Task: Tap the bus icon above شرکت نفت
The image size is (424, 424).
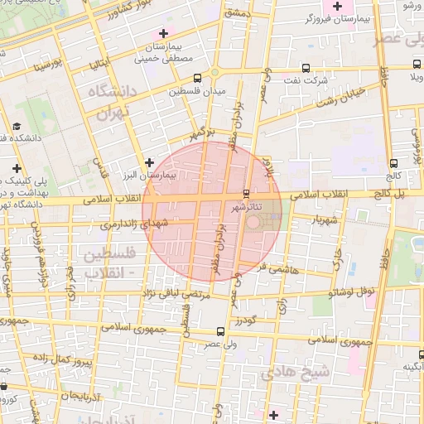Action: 306,69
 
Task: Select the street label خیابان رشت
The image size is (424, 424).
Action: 320,99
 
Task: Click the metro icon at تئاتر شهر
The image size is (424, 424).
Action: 245,194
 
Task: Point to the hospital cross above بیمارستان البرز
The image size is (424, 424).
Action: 149,162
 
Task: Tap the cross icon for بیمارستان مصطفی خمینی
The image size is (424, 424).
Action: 162,32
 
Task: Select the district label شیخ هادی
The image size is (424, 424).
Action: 295,373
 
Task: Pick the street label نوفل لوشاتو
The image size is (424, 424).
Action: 354,292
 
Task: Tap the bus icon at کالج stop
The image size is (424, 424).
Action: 393,164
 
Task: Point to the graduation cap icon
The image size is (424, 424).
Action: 17,126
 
